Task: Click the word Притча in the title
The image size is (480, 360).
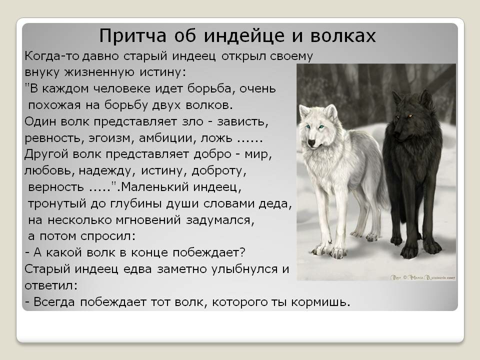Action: click(x=132, y=36)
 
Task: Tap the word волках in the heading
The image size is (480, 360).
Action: click(x=343, y=35)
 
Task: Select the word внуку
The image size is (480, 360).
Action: click(x=42, y=72)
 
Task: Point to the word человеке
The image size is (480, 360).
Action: click(x=122, y=89)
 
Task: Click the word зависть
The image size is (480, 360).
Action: click(x=242, y=122)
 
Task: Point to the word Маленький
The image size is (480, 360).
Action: click(x=154, y=186)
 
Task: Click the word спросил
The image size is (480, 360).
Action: click(x=108, y=236)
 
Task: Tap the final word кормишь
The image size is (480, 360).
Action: click(x=320, y=302)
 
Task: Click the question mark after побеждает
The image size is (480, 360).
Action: click(x=242, y=252)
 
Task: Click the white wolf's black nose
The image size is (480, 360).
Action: click(x=311, y=142)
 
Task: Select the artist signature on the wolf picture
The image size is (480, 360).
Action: click(x=423, y=277)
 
